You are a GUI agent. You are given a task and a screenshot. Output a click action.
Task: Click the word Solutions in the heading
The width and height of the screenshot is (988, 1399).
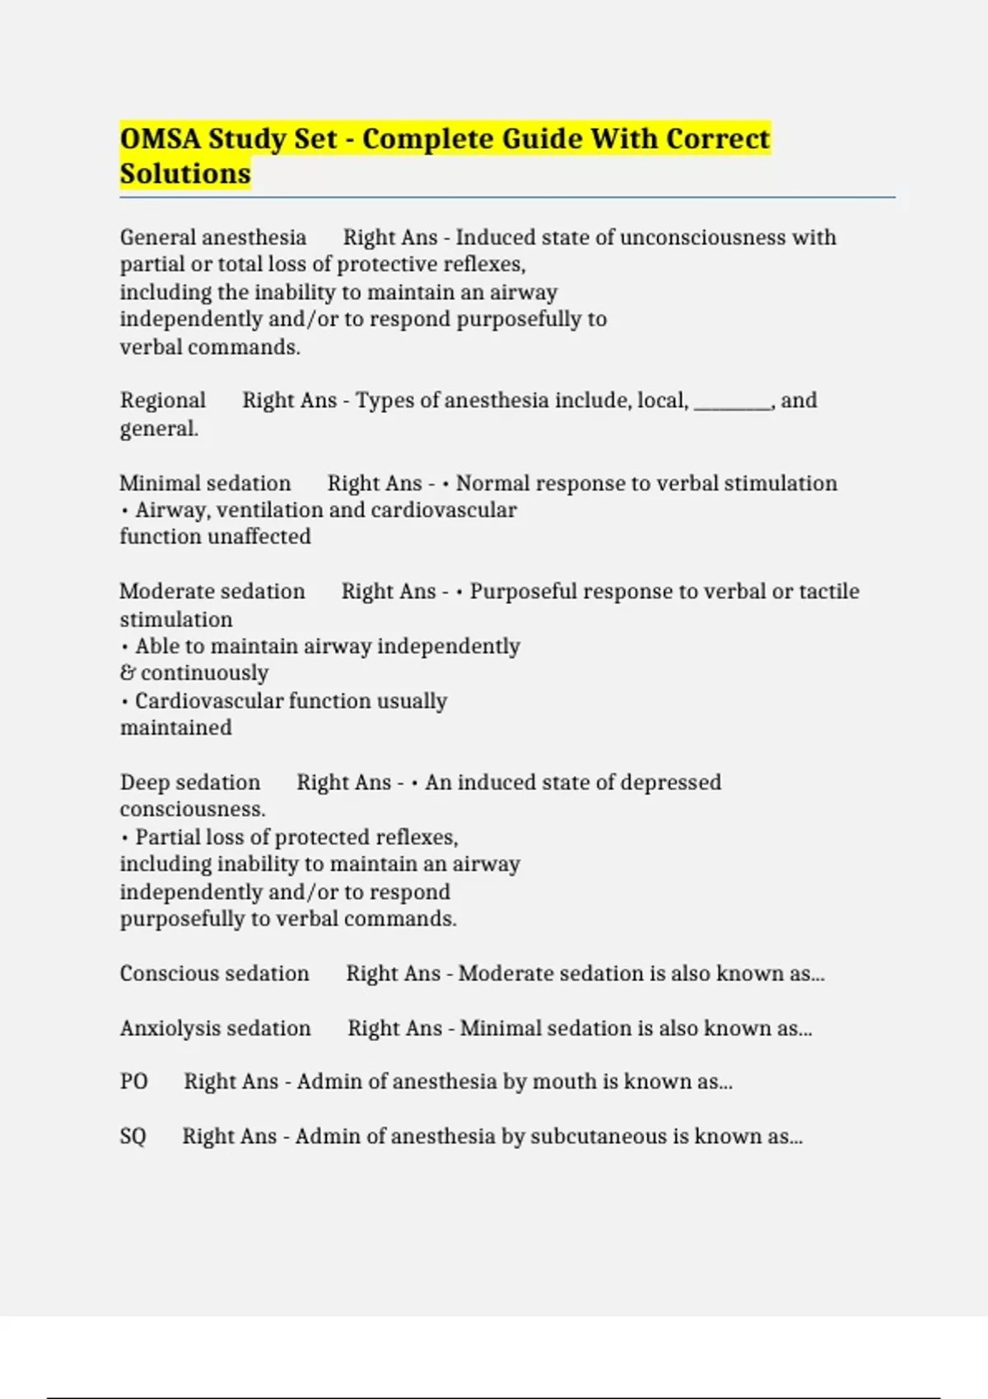185,174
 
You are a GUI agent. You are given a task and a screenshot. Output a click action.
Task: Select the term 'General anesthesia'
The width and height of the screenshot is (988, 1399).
213,237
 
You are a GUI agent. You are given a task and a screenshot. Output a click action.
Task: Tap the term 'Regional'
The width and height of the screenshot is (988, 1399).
163,400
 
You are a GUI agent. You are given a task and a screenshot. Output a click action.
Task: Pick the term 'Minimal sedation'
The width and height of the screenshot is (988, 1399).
205,483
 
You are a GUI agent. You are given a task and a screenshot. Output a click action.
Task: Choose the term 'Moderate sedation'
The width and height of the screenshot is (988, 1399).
212,591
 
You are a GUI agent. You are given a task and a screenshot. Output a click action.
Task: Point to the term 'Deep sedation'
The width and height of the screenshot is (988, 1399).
190,782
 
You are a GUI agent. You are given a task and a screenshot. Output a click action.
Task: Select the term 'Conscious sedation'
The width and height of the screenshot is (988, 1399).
215,973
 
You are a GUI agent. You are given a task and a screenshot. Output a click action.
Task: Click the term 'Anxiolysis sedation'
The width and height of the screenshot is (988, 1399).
216,1028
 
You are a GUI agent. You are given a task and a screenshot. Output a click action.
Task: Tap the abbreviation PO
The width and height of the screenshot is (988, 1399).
134,1081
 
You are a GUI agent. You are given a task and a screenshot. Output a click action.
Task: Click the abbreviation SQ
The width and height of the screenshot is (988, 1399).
133,1136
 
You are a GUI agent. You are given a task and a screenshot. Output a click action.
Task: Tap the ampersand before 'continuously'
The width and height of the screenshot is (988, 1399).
128,673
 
